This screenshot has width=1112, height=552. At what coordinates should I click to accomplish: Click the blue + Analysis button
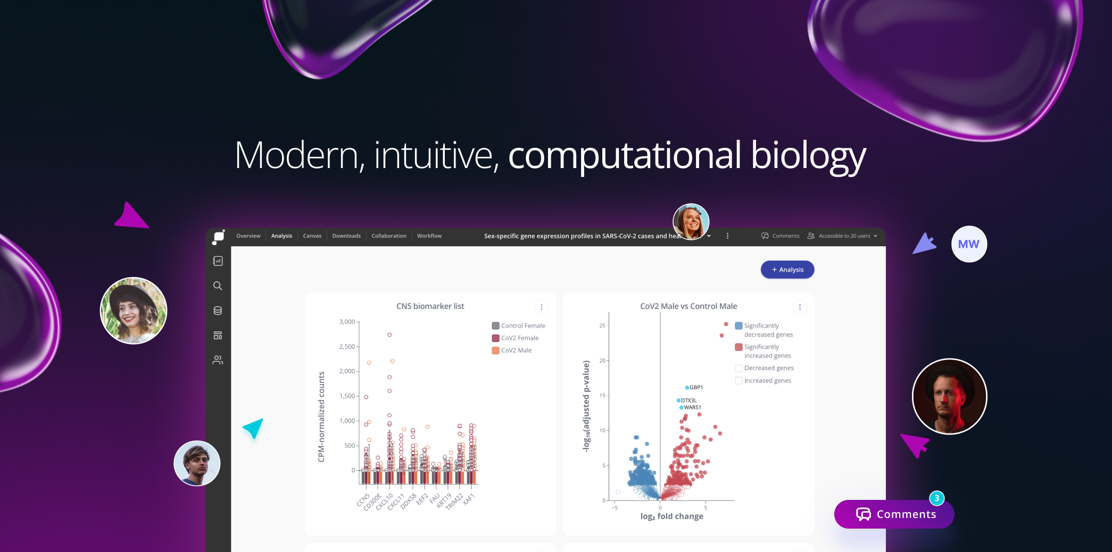(787, 270)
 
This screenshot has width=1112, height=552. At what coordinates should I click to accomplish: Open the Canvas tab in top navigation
(312, 236)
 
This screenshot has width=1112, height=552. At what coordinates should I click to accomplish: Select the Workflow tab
(429, 236)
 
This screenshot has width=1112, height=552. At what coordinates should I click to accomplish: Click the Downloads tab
(346, 236)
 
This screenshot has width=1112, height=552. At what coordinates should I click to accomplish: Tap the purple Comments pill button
(894, 514)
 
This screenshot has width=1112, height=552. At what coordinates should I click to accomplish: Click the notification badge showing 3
(936, 498)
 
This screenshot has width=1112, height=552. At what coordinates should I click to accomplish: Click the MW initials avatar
(968, 244)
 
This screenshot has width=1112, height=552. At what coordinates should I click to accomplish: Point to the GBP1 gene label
(695, 388)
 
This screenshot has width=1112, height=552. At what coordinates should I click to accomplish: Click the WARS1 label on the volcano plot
(692, 407)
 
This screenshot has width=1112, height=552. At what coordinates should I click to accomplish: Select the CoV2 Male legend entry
(516, 350)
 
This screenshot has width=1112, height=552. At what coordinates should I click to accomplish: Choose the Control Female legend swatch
(495, 326)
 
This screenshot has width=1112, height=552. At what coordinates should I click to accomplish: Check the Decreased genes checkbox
(738, 368)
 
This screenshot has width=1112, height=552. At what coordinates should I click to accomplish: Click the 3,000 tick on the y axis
(347, 322)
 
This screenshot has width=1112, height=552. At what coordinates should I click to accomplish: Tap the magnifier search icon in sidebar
(218, 286)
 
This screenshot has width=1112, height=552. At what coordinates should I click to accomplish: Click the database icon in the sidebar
(218, 311)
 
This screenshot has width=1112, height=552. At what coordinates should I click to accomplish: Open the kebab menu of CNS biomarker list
(541, 307)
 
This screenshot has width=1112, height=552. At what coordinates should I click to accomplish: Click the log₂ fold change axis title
(671, 516)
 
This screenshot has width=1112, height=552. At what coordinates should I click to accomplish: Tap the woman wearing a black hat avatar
(134, 311)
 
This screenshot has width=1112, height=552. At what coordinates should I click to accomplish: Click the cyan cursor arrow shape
(254, 428)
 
